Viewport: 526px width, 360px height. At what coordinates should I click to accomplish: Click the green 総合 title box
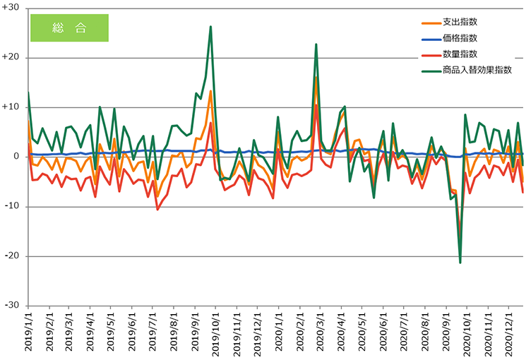tap(69, 28)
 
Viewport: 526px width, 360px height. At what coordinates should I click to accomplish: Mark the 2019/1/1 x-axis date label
tap(30, 336)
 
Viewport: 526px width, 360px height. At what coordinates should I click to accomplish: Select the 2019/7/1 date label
tap(153, 336)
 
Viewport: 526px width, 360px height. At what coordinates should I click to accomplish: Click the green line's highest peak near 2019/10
tap(210, 27)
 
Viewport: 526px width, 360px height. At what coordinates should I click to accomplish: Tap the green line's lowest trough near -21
tap(460, 263)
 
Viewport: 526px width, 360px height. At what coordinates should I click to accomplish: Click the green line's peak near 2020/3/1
tap(316, 44)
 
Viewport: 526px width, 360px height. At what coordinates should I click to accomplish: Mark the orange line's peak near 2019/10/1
tap(210, 91)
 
